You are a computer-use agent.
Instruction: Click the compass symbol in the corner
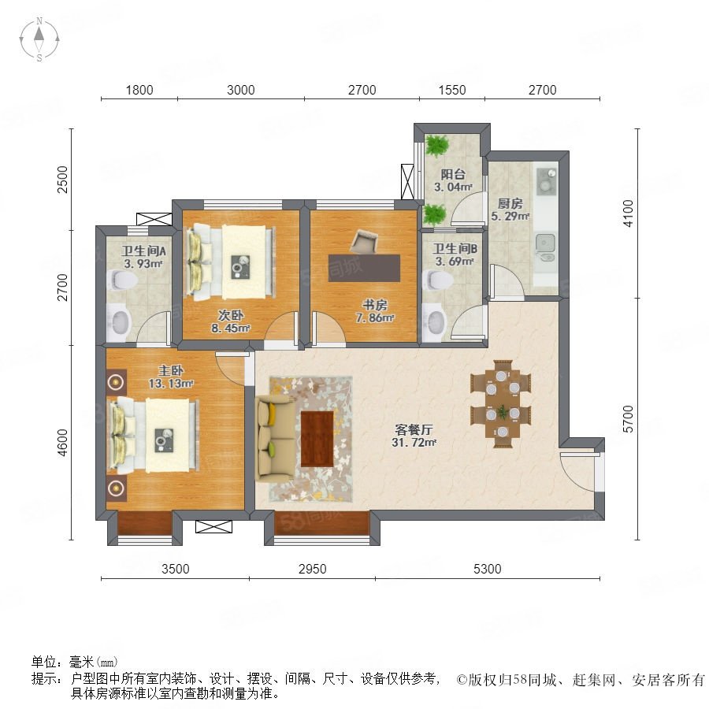pos(39,39)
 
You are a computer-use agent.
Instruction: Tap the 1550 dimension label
pos(451,90)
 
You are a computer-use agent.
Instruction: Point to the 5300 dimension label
pos(487,568)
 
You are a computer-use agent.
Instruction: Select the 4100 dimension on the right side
pos(628,213)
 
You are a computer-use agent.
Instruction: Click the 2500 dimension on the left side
pos(62,180)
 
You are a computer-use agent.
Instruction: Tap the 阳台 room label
pos(453,174)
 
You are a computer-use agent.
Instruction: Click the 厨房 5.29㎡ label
pos(510,210)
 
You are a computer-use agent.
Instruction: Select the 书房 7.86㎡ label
pos(375,311)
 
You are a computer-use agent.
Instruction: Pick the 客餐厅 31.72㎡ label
pos(414,436)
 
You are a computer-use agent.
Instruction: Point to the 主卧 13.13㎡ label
pos(171,377)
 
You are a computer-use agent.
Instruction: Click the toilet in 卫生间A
pos(123,280)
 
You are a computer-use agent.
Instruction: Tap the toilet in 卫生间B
pos(437,280)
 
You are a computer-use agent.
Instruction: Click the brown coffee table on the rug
pos(317,439)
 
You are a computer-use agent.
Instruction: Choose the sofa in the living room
pos(274,439)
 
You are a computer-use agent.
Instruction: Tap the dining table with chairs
pos(500,404)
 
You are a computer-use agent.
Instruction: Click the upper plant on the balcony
pos(436,146)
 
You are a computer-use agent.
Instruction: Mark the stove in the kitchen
pos(546,180)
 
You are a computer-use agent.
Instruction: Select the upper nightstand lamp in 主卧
pos(117,383)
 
